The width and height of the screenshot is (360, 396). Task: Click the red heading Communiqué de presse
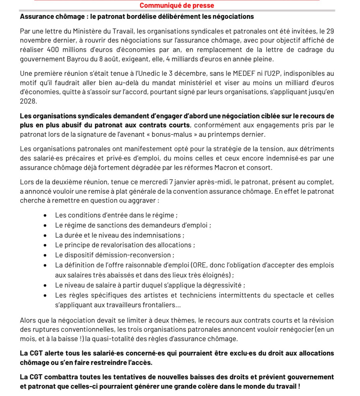177,5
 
